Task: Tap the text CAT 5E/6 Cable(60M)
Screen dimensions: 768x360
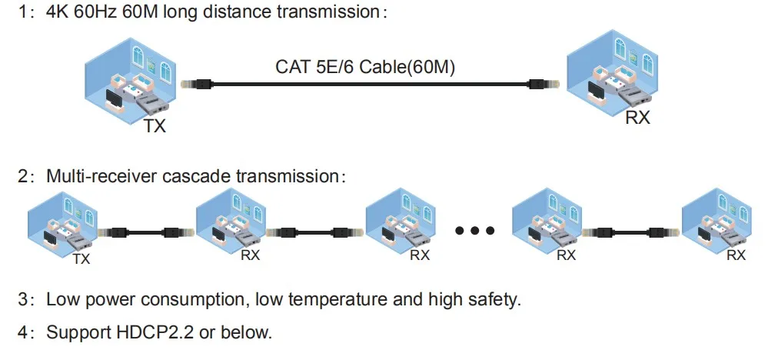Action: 365,67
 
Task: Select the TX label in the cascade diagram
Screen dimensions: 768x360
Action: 81,259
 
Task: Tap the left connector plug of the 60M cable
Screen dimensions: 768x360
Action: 192,83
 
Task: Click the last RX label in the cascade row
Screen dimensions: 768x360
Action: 736,255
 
